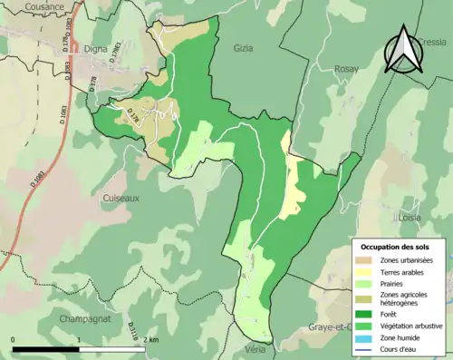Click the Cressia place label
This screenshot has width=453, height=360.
pos(432,42)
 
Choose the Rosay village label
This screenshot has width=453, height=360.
pos(346,69)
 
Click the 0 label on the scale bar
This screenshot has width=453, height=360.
pos(13,339)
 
